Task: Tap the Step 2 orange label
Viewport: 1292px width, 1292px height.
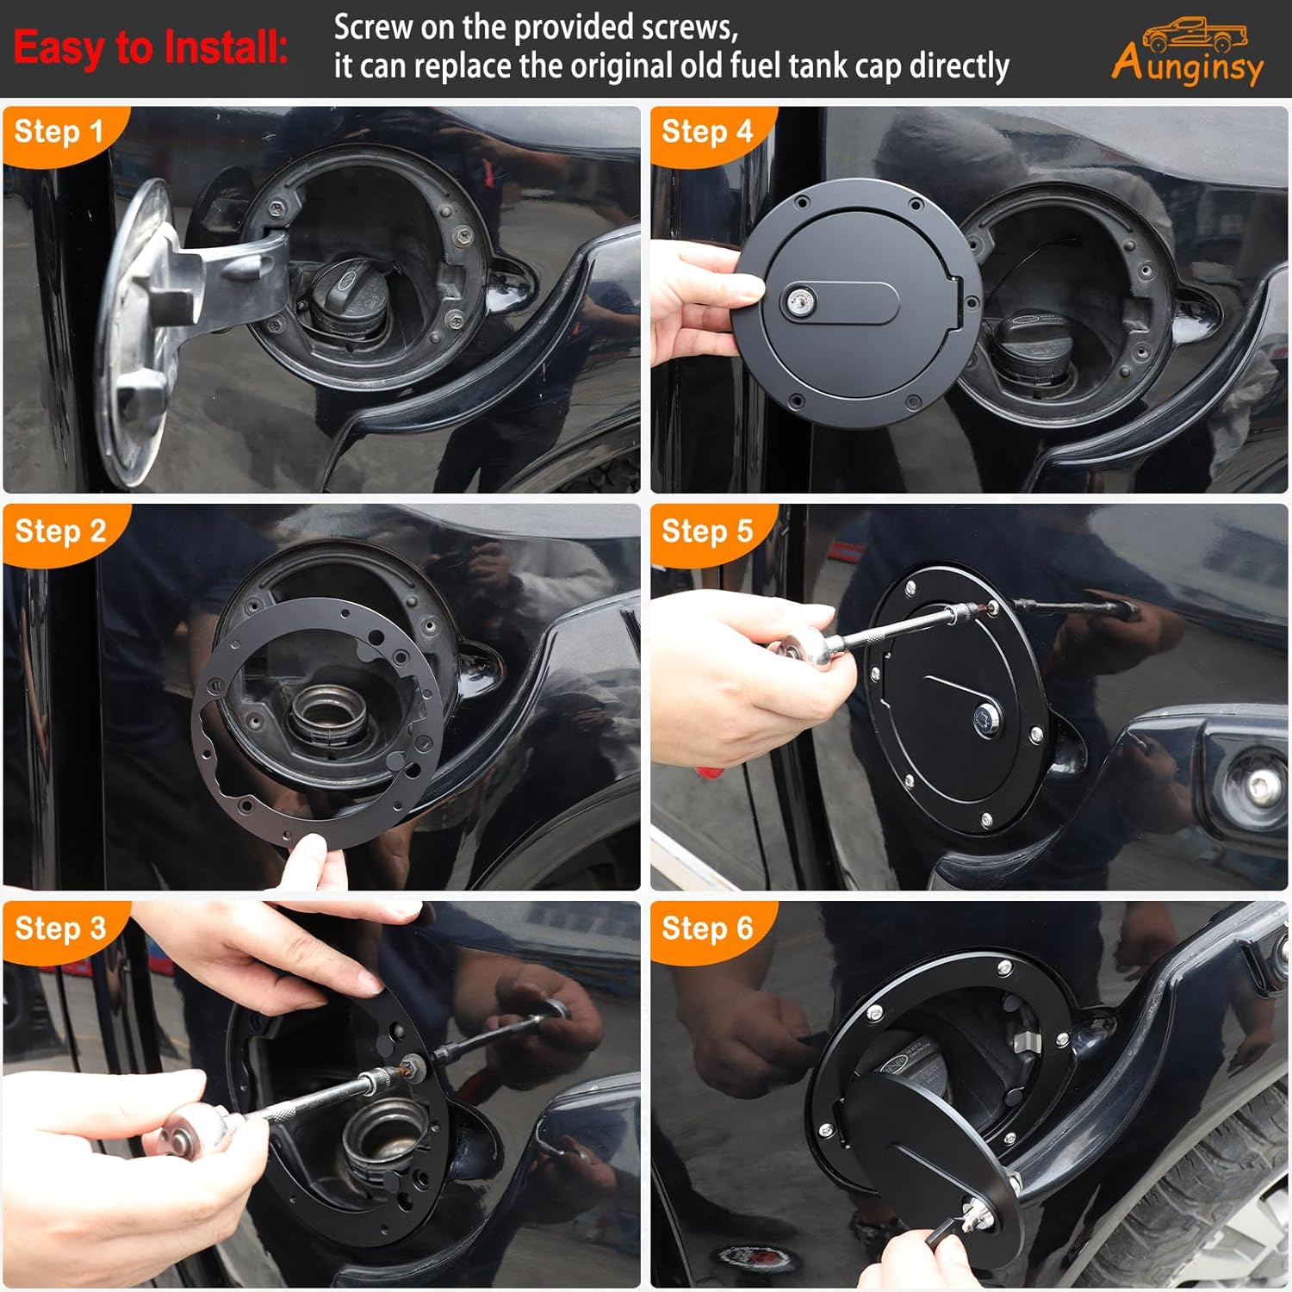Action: (x=60, y=531)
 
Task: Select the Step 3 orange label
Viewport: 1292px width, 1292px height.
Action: (x=60, y=929)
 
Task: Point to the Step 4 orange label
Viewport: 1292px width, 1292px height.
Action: (x=707, y=132)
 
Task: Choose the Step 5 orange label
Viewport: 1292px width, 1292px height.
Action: (x=707, y=531)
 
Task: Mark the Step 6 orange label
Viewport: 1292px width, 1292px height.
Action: (x=707, y=929)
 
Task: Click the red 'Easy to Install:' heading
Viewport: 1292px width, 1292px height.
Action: (x=151, y=47)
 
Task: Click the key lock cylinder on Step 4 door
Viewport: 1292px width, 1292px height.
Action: (x=797, y=301)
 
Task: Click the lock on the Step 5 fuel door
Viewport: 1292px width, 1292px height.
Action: (x=986, y=717)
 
